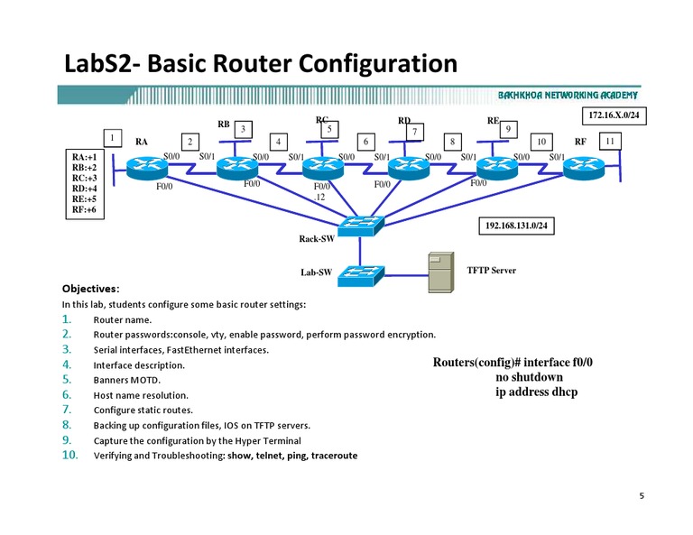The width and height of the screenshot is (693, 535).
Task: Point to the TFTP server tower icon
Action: point(440,272)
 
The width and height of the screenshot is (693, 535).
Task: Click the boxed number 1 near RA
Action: point(112,138)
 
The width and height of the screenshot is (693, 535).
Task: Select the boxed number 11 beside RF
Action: point(610,141)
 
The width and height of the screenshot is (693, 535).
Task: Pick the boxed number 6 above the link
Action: point(365,142)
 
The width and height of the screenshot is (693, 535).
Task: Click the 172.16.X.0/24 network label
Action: point(614,116)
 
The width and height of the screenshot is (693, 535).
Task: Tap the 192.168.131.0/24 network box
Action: point(513,226)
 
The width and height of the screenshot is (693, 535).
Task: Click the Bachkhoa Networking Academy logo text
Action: point(568,95)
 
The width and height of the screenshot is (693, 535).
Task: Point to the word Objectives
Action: point(90,289)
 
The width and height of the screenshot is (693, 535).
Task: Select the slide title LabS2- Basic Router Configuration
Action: point(260,65)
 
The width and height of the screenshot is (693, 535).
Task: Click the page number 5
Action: point(642,495)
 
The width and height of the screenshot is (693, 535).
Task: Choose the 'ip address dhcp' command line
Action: point(536,392)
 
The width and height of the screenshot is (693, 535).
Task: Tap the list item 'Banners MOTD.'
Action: point(128,380)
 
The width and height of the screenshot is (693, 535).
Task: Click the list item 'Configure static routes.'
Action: point(143,410)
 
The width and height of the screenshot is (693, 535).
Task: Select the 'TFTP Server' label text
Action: point(492,270)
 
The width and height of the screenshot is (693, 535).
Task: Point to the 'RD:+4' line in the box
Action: point(84,189)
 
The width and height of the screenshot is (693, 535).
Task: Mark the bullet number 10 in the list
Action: point(70,455)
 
